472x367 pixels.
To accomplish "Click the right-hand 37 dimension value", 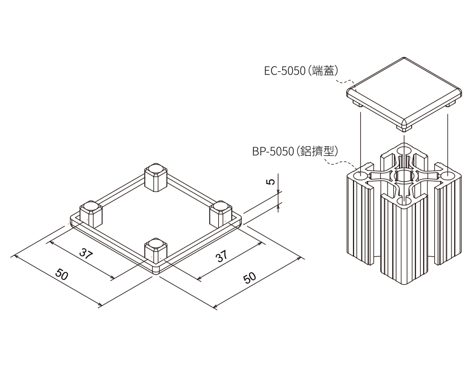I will (x=222, y=256).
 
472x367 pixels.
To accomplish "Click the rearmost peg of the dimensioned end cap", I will (x=156, y=177).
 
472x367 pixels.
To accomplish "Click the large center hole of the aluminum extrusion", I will (x=404, y=176).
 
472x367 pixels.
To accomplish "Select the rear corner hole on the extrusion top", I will (x=404, y=151).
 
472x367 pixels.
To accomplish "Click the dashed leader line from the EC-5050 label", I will (x=344, y=81).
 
